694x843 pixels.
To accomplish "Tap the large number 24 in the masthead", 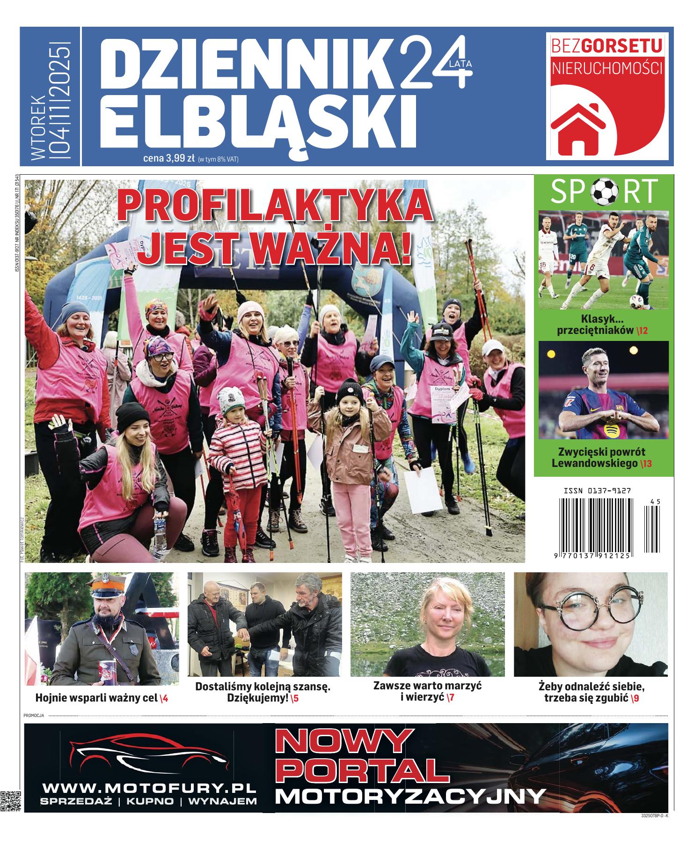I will point(433,63).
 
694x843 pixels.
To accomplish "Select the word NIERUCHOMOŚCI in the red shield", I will point(607,68).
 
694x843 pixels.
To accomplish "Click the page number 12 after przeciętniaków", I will point(642,331).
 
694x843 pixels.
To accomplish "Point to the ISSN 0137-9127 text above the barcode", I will point(597,491).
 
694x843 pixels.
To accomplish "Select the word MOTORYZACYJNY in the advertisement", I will point(410,796).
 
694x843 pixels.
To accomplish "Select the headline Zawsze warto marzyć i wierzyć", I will point(427,692).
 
